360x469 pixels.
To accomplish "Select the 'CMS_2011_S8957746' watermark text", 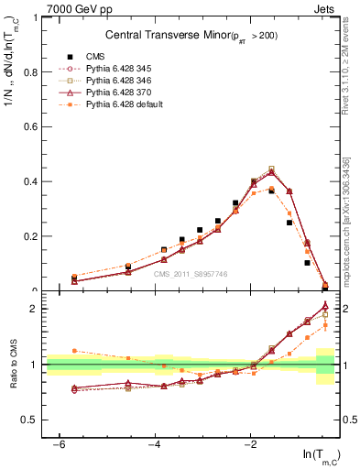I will [x=190, y=274].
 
